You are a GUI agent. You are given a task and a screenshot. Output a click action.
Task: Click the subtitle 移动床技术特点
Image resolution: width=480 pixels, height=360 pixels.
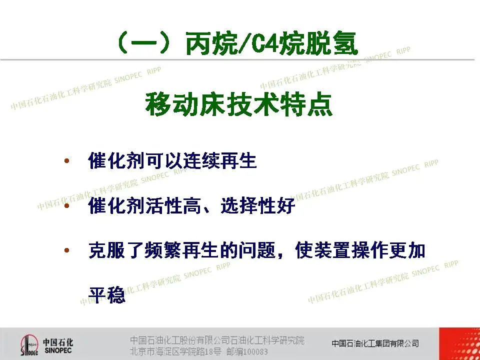[239, 104]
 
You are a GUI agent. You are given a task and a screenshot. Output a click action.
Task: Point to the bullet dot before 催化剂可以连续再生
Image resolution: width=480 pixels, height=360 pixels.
[66, 160]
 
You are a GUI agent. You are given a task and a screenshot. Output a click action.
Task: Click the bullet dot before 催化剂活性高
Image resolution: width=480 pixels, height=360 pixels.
[66, 205]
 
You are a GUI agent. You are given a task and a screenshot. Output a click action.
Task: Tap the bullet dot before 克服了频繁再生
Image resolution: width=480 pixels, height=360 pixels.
[66, 250]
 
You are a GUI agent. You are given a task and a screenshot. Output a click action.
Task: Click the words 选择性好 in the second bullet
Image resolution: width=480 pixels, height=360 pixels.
[258, 205]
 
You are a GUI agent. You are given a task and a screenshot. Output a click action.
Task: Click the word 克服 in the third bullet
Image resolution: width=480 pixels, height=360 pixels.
[106, 250]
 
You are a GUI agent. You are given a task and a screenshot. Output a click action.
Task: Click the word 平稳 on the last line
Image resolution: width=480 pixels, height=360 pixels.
[107, 294]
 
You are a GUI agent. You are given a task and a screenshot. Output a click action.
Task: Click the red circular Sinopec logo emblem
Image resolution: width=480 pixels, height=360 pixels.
[29, 345]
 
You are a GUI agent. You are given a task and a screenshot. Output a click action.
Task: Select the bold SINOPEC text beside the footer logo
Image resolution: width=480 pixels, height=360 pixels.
[58, 350]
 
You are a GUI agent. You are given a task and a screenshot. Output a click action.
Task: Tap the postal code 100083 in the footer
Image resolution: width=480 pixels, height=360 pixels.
[255, 351]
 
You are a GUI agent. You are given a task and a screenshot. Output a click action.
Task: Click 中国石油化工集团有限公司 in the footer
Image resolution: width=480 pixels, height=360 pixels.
[375, 343]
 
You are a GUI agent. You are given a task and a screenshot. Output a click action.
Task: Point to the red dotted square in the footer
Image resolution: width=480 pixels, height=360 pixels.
[459, 344]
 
